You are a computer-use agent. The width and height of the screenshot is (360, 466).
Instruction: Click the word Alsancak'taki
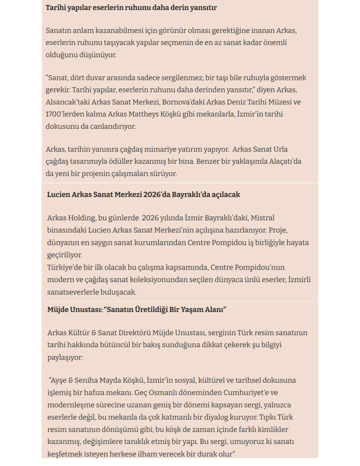(x=65, y=102)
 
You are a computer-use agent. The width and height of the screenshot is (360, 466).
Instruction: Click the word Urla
(x=280, y=150)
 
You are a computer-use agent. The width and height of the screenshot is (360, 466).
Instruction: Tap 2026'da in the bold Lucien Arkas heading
(x=157, y=195)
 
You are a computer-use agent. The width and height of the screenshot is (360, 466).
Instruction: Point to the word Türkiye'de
(x=64, y=267)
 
